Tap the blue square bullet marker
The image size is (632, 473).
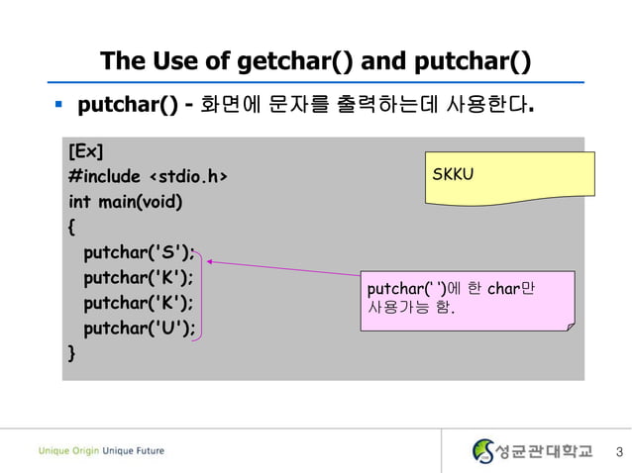point(58,103)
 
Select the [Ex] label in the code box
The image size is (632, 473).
point(86,152)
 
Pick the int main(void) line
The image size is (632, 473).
point(126,202)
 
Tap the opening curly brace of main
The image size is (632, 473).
point(71,227)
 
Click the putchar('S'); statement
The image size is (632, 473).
point(139,251)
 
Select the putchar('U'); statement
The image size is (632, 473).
point(139,328)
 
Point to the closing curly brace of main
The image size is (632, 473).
point(71,352)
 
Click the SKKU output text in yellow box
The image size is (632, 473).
point(454,175)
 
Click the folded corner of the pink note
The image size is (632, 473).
point(567,323)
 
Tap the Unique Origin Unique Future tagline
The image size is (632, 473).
point(101,451)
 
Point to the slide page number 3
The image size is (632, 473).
point(618,453)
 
